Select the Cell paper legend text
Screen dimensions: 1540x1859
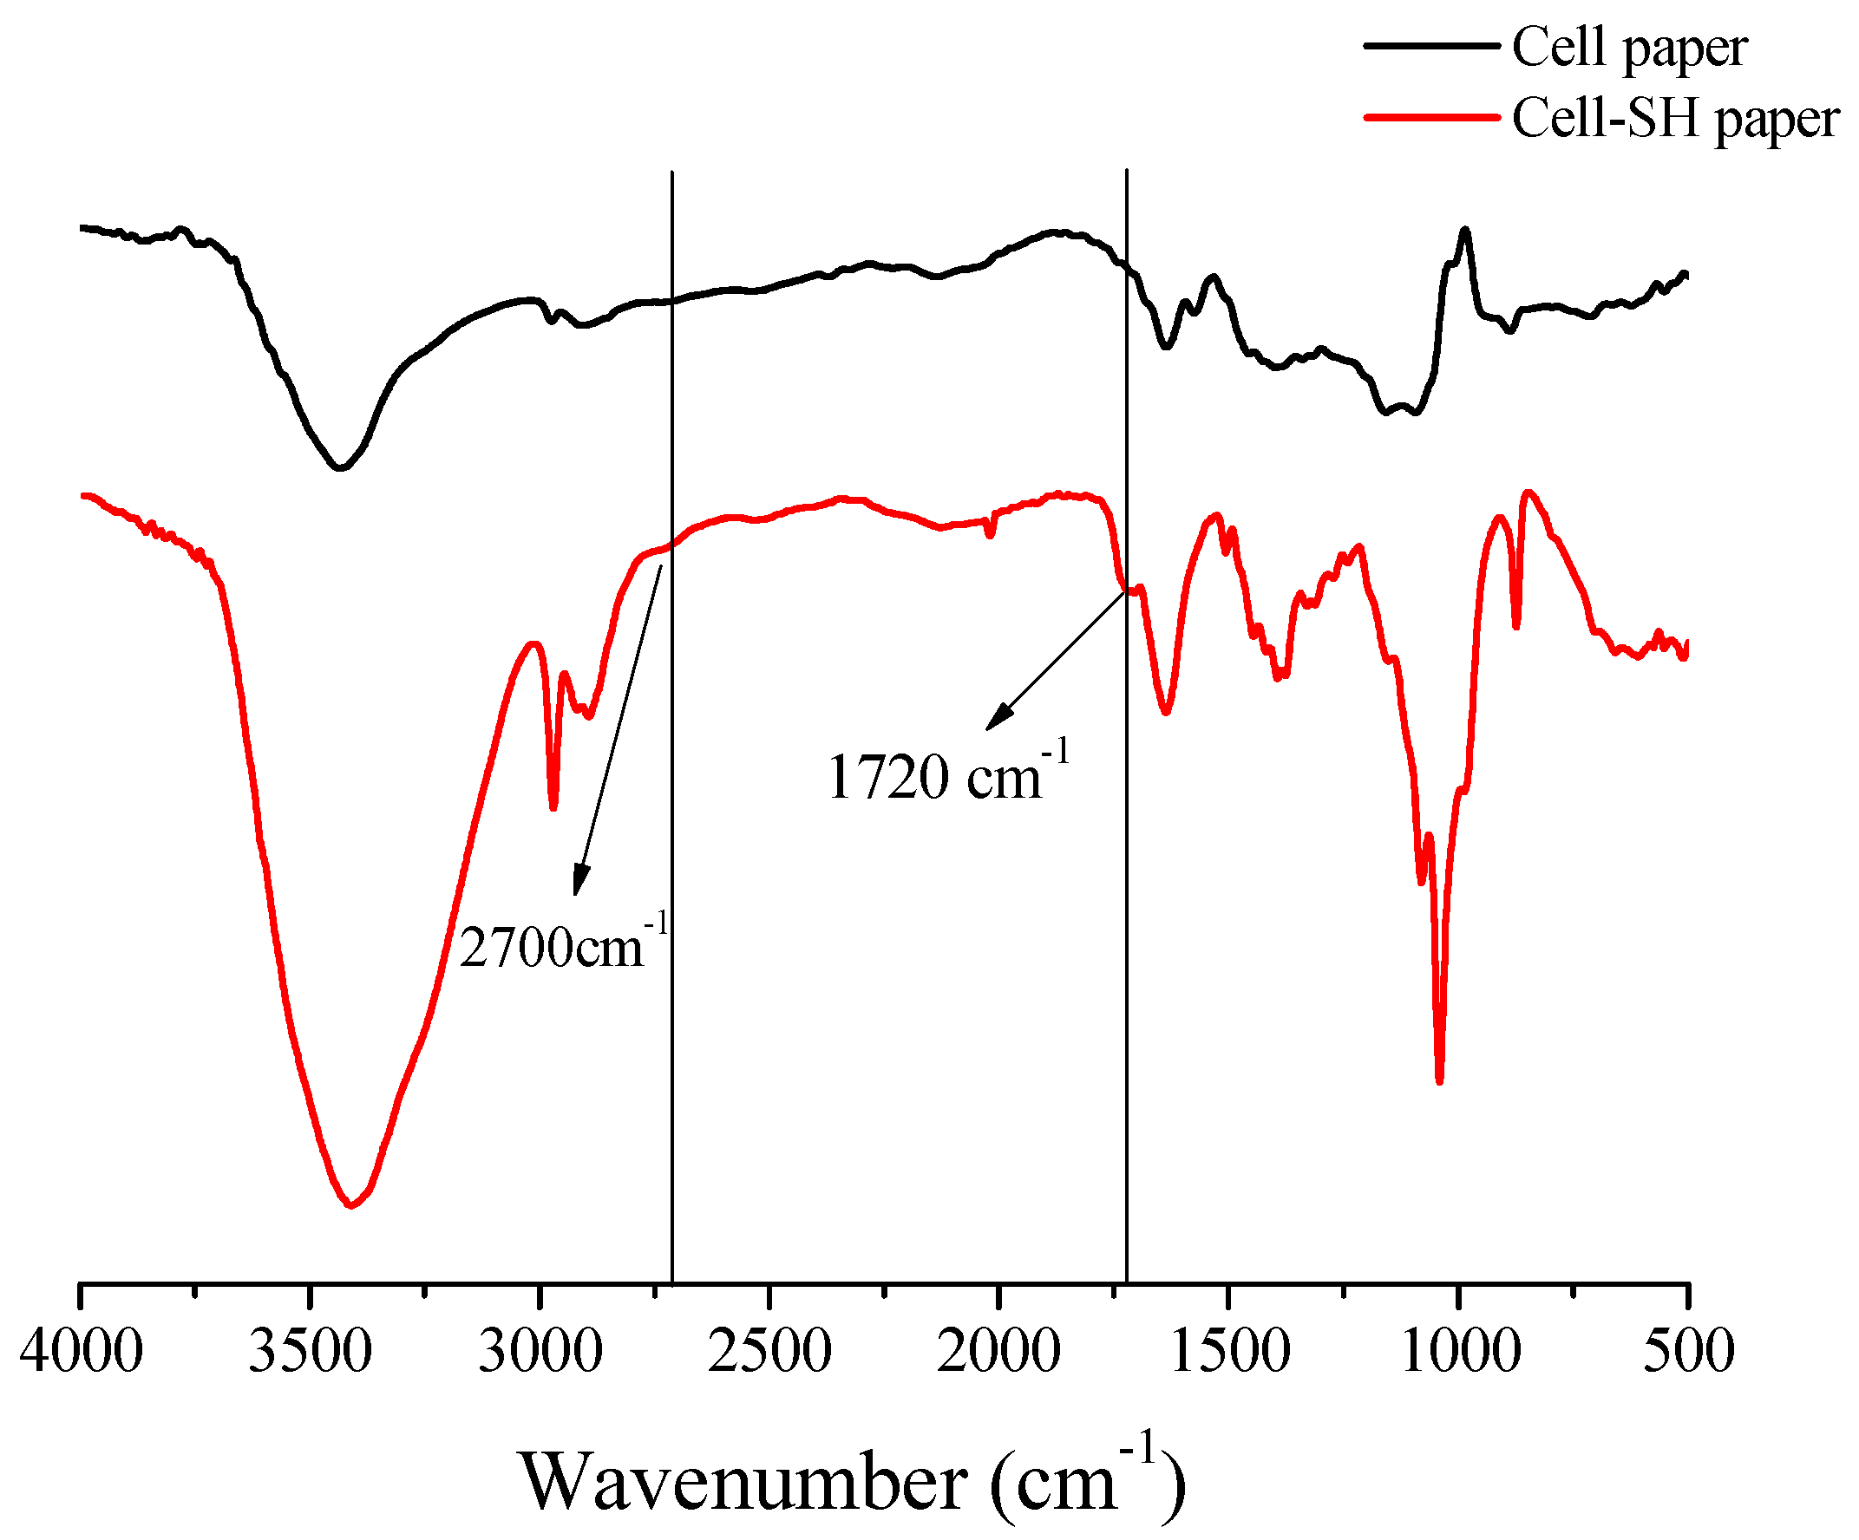click(x=1629, y=48)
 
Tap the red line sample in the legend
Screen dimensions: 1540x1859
click(x=1430, y=117)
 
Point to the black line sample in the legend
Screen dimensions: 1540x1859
click(x=1430, y=45)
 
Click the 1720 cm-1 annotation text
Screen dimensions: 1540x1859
click(x=947, y=775)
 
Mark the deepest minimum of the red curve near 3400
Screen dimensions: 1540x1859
click(x=351, y=1205)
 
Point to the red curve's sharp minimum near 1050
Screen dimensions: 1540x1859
click(x=1439, y=1080)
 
